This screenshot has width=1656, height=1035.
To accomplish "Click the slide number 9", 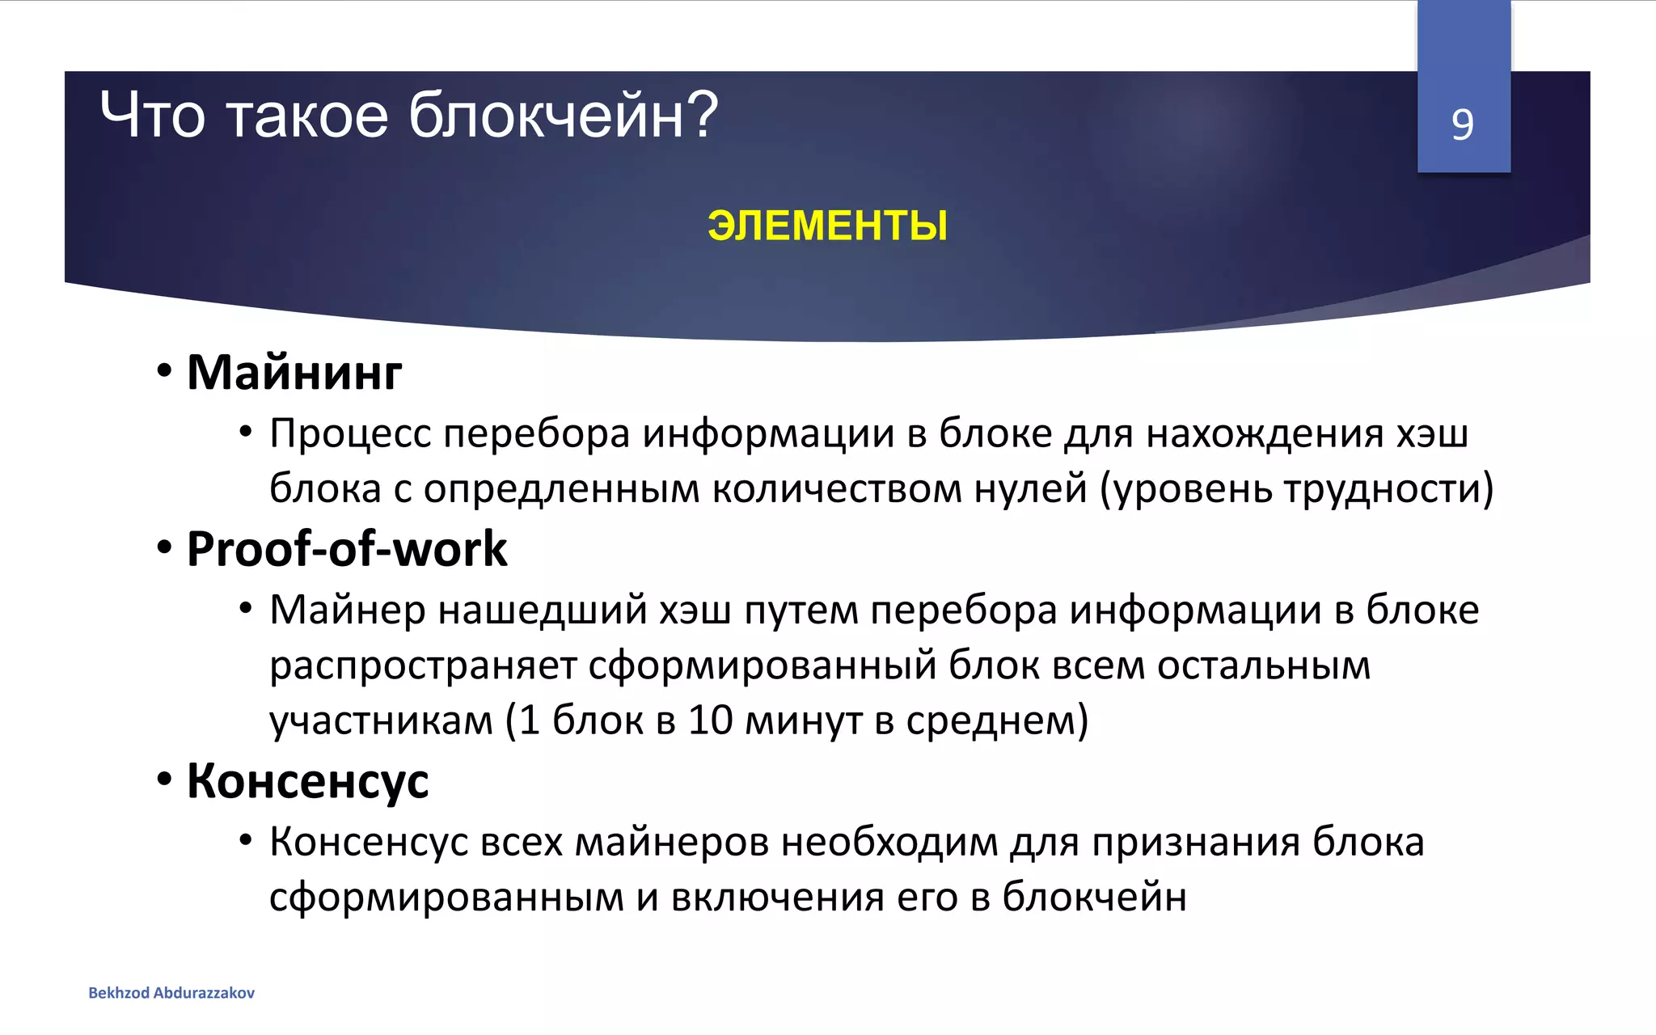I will pos(1462,125).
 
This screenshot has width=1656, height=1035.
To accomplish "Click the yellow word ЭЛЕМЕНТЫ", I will pos(827,226).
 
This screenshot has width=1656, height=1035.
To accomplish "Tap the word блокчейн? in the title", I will pos(563,116).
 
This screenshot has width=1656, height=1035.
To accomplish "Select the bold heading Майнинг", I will pos(294,373).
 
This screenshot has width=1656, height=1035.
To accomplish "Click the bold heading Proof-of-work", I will pos(346,549).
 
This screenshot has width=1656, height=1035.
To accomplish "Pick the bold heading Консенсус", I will pos(307,781).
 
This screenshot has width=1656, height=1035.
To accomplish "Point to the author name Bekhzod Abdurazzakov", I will pos(171,993).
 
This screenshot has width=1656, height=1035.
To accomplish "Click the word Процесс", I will pos(350,433).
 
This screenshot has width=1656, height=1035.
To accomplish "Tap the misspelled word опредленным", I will pos(561,489).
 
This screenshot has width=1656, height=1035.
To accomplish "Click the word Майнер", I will pos(347,610).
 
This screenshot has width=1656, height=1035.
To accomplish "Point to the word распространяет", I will pos(423,666).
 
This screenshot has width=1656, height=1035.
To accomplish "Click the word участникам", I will pos(381,720).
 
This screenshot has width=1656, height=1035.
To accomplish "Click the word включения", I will pos(777,897).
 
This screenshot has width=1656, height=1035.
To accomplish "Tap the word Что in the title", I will pos(152,116).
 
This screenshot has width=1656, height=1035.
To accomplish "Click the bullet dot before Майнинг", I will pos(165,372).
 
